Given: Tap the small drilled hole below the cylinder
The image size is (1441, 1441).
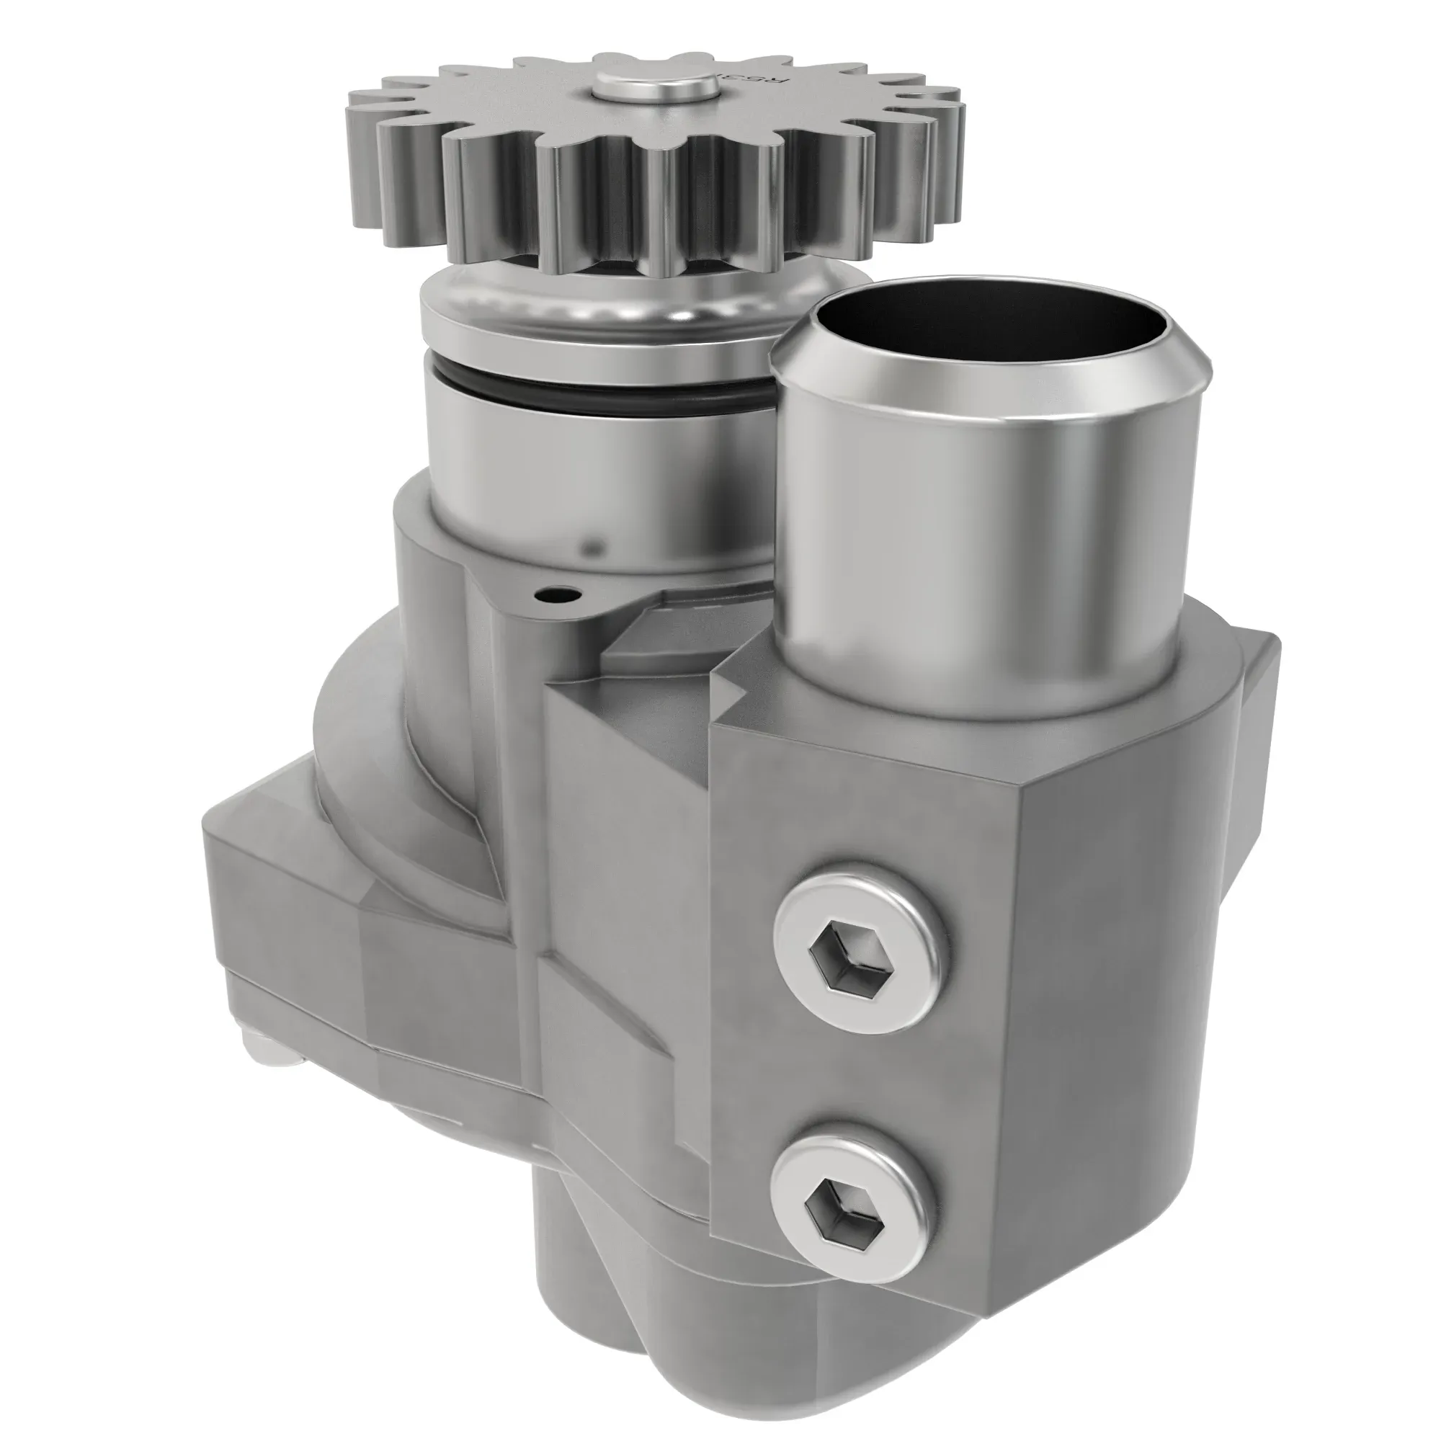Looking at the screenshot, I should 553,594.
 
